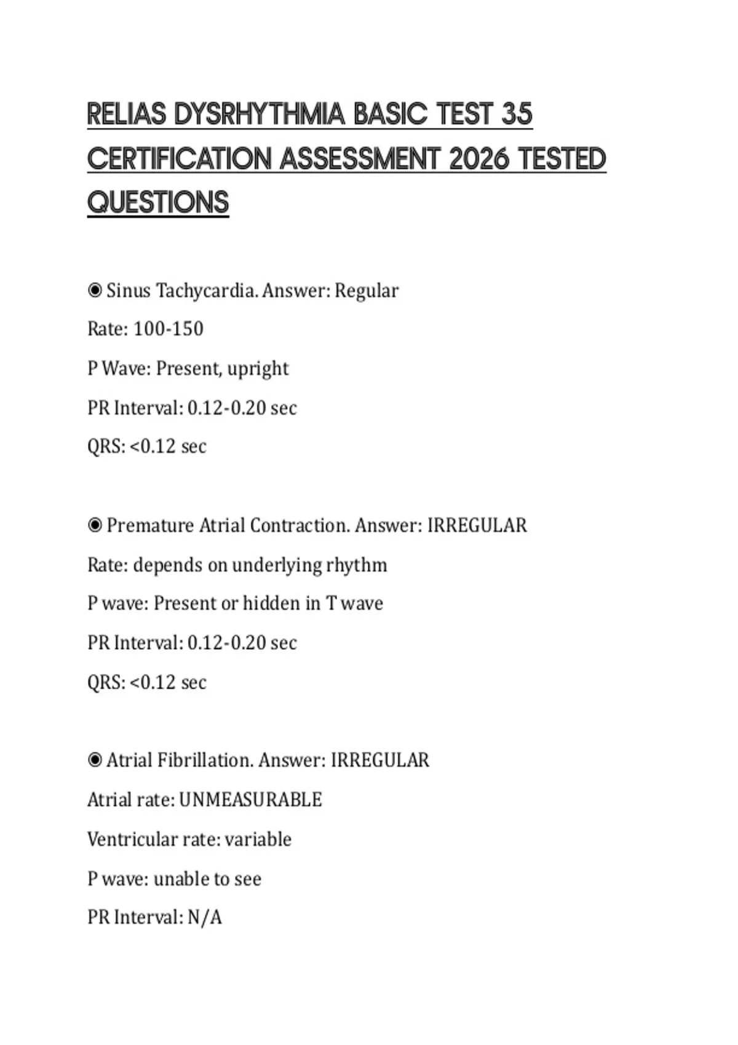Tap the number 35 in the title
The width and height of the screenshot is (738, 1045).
(517, 114)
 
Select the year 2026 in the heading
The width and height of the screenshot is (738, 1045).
(479, 159)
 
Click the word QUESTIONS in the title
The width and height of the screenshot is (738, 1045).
(158, 203)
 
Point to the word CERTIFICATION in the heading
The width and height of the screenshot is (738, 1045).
(179, 159)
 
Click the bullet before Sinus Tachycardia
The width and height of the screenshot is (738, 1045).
(95, 290)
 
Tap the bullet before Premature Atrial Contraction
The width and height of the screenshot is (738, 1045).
(95, 525)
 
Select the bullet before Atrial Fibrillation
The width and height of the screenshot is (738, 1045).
(95, 760)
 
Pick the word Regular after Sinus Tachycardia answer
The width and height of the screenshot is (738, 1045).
(367, 291)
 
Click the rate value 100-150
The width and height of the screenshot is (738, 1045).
(168, 329)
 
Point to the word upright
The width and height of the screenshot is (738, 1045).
(258, 369)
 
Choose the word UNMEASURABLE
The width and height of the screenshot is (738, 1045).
(250, 800)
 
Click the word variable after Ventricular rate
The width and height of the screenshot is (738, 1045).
(258, 839)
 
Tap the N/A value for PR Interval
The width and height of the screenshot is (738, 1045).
(205, 917)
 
